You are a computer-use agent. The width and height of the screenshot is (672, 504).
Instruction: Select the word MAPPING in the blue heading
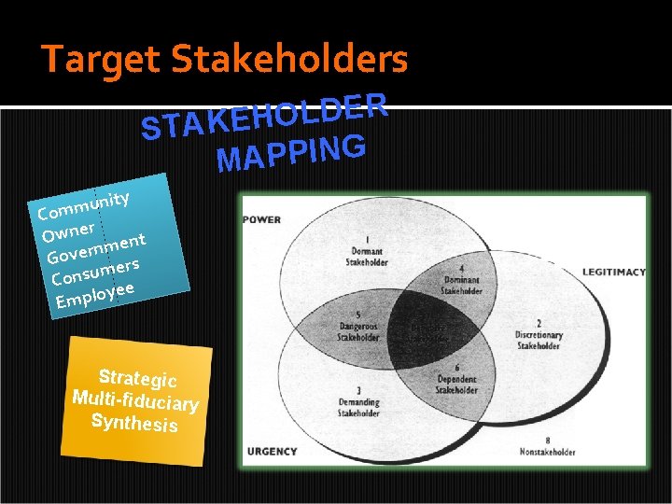coord(289,153)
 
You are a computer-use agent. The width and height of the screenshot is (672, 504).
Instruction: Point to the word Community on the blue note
coord(83,204)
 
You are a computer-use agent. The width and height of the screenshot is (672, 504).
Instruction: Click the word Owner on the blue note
coord(68,229)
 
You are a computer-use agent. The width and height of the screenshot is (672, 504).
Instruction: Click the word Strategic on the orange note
coord(138,376)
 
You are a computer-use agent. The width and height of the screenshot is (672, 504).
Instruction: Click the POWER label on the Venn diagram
coord(261,220)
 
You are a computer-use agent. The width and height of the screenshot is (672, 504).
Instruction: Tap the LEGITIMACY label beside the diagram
coord(614,272)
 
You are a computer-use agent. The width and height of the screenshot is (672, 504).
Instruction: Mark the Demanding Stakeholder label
coord(358,402)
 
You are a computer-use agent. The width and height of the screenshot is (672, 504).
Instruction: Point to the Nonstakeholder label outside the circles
coord(548,451)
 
